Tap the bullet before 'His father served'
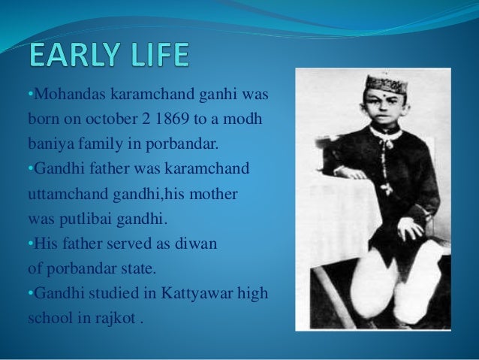click(29, 244)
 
